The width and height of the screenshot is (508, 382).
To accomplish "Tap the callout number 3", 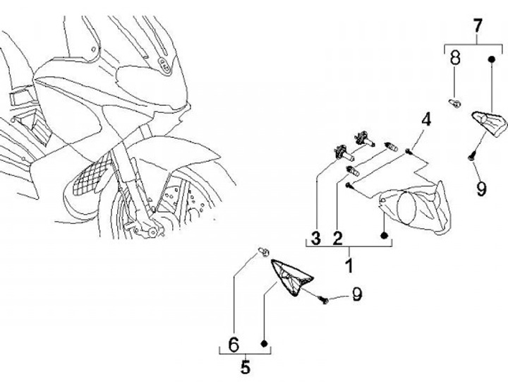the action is pyautogui.click(x=316, y=239).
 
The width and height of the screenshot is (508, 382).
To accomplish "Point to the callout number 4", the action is pyautogui.click(x=426, y=119).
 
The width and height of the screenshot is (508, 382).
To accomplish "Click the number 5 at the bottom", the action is pyautogui.click(x=245, y=367).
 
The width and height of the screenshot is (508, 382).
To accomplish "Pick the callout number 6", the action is pyautogui.click(x=234, y=345).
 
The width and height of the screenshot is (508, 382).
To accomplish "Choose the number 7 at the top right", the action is pyautogui.click(x=477, y=27).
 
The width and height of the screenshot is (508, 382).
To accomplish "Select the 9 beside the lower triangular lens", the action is pyautogui.click(x=357, y=294).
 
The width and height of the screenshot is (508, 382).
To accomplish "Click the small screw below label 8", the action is pyautogui.click(x=455, y=105).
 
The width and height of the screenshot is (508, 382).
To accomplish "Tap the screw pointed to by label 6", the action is pyautogui.click(x=262, y=251).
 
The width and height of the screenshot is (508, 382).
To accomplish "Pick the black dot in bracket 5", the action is pyautogui.click(x=264, y=344).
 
